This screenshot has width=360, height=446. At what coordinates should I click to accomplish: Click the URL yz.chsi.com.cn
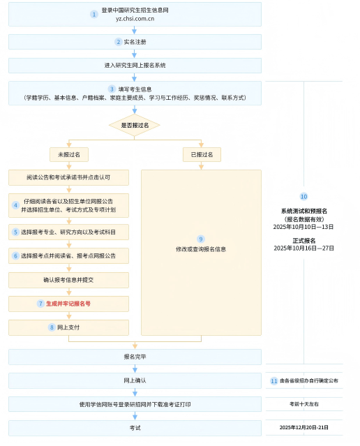[x=135, y=19]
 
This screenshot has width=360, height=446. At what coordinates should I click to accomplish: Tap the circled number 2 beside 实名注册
[x=119, y=42]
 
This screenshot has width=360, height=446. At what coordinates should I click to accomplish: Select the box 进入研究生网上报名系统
[x=135, y=66]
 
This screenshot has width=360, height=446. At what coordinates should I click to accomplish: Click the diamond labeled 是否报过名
[x=135, y=125]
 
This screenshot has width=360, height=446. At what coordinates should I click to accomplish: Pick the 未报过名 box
[x=69, y=154]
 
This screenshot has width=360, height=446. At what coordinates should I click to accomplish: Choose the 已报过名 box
[x=202, y=154]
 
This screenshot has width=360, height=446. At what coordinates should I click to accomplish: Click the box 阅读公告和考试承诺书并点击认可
[x=68, y=177]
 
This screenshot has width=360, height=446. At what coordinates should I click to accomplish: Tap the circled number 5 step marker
[x=15, y=232]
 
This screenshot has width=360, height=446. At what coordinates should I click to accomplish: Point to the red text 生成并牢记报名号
[x=68, y=304]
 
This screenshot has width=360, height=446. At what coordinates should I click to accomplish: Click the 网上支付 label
[x=68, y=327]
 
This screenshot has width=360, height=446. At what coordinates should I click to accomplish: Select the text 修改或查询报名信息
[x=201, y=249]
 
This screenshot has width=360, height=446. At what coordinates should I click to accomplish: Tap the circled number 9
[x=201, y=239]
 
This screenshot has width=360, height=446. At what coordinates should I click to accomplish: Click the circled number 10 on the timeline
[x=303, y=197]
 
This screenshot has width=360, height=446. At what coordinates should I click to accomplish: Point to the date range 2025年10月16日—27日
[x=303, y=248]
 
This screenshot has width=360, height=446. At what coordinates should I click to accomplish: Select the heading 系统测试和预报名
[x=304, y=211]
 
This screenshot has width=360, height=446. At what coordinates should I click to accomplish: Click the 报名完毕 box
[x=135, y=357]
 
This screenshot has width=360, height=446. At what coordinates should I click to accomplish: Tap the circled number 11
[x=274, y=381]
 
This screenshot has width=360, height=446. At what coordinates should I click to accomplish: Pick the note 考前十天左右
[x=304, y=404]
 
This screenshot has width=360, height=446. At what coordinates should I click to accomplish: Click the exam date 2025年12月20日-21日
[x=303, y=428]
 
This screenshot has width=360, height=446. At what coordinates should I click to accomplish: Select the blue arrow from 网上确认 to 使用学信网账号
[x=135, y=392]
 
